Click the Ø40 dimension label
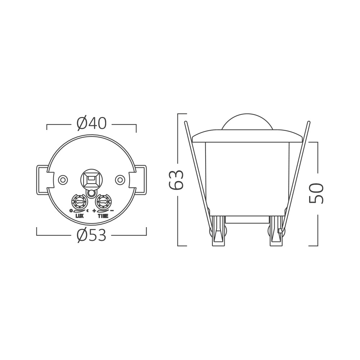pos(91,123)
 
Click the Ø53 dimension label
pos(91,236)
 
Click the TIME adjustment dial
pos(103,202)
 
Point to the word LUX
pos(80,216)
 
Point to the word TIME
pos(103,216)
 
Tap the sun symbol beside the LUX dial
pos(71,210)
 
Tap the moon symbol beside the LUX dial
pos(87,210)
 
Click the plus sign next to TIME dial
pos(94,210)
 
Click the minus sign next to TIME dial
pos(112,210)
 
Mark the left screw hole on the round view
pos(63,179)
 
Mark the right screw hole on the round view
pos(120,179)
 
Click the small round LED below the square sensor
pos(91,193)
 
